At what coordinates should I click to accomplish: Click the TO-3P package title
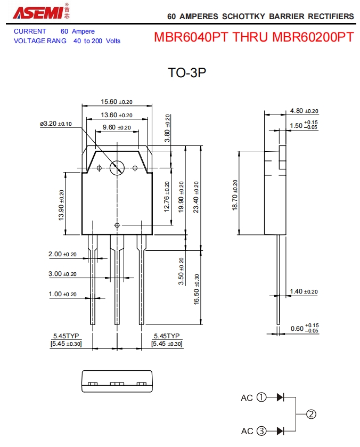point(186,74)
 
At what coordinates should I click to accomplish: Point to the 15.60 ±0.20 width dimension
point(116,102)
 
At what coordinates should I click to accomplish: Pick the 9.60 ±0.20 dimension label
point(116,127)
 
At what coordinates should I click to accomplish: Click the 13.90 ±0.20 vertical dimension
point(61,205)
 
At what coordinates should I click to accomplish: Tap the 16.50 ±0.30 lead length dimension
point(197,289)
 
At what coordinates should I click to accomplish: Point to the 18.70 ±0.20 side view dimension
point(234,195)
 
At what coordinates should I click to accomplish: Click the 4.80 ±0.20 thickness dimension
point(304,111)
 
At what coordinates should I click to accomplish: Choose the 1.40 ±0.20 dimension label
point(304,291)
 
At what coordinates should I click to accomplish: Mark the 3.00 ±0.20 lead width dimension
point(62,274)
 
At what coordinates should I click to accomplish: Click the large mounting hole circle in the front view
point(117,168)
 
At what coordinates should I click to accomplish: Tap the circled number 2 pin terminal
point(312,414)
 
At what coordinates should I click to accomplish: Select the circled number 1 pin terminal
point(261,397)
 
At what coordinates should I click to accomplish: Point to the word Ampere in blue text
point(83,31)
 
